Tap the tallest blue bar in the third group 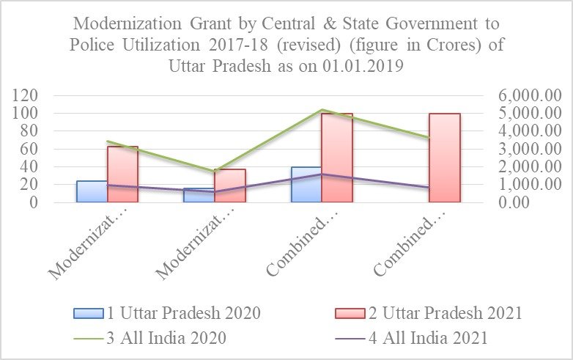coord(306,185)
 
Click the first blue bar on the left coord(92,191)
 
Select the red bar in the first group coord(122,175)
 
